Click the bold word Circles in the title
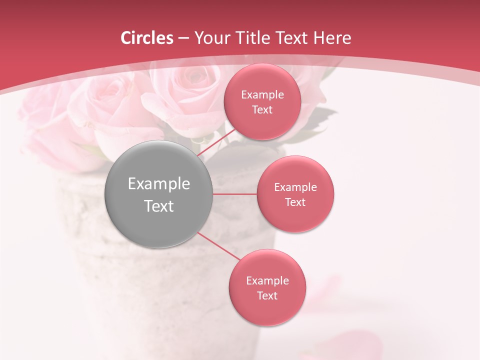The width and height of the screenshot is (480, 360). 146,38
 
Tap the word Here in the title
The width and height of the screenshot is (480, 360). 332,38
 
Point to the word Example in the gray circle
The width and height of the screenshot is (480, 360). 159,184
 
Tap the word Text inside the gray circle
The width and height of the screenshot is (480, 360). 159,206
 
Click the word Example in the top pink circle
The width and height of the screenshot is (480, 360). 262,95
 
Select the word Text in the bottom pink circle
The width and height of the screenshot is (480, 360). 267,295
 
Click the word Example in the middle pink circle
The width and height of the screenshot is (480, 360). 295,187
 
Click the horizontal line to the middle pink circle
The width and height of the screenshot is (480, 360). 235,194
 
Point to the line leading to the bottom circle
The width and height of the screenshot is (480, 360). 219,246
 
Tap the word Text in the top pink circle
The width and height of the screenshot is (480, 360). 262,110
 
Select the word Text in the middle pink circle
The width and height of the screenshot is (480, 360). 295,202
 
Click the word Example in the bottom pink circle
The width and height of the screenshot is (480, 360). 267,280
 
